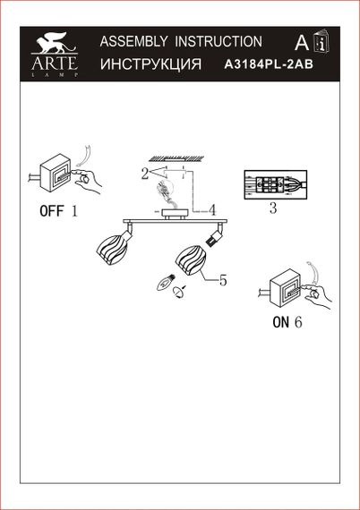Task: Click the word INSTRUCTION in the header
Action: [x=219, y=41]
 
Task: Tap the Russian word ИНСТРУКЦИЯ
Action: [x=150, y=65]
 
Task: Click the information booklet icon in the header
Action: [x=321, y=42]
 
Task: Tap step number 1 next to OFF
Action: [x=75, y=212]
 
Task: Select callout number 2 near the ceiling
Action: [x=143, y=174]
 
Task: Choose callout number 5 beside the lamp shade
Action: [x=223, y=279]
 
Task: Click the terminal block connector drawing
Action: [x=273, y=185]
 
